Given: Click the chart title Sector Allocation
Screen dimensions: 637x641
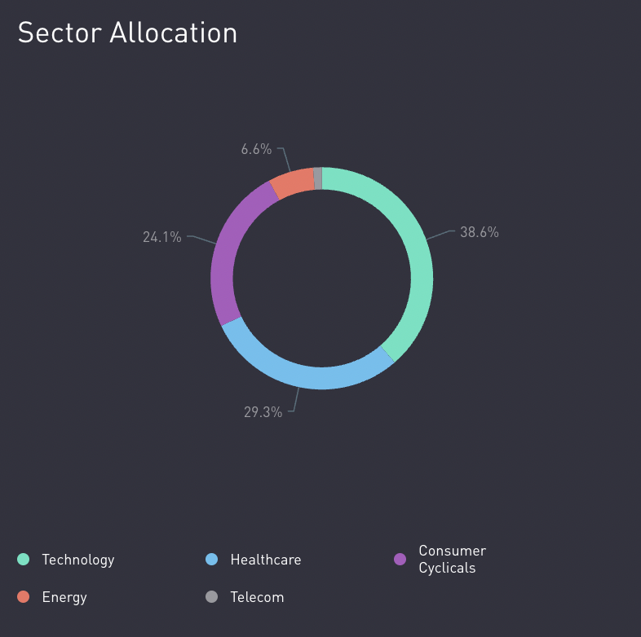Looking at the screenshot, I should (x=127, y=33).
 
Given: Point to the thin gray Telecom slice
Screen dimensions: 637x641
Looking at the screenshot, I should (x=318, y=178).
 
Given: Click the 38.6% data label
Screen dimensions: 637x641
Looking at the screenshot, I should (x=479, y=232).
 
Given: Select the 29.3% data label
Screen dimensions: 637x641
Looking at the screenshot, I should (x=263, y=412).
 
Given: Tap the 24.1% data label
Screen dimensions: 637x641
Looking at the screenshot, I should (x=162, y=238).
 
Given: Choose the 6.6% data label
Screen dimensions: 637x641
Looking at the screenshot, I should (x=256, y=149).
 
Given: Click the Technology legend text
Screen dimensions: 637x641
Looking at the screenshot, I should (x=78, y=560).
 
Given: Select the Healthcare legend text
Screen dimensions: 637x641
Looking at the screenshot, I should (x=266, y=560).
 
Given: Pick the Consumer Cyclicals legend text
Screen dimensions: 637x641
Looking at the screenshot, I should (x=452, y=560).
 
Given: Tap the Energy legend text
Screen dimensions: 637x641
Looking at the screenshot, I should (x=64, y=597).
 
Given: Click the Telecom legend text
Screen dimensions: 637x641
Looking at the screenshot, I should (x=257, y=597).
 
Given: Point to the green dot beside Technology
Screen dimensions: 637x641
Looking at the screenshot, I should (x=24, y=560).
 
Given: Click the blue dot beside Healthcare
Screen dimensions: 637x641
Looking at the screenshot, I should (x=212, y=560).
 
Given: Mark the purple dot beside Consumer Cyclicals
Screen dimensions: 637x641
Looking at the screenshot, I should (x=400, y=560).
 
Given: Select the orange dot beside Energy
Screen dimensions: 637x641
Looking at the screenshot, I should (x=24, y=597).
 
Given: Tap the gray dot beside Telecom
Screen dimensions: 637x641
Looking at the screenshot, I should (x=212, y=597).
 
